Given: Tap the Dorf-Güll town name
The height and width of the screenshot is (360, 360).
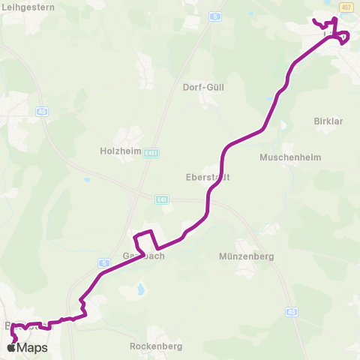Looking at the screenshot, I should (203, 87).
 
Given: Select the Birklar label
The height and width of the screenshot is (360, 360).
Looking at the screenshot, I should (328, 120).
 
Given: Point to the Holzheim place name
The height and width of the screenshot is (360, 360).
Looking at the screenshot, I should (121, 150).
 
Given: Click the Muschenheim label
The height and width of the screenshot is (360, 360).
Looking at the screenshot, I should (284, 157).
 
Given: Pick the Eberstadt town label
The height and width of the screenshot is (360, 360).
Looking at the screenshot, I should (207, 178).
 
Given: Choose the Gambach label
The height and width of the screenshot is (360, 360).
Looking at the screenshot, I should (142, 256).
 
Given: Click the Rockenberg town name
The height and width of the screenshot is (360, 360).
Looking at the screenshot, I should (155, 346).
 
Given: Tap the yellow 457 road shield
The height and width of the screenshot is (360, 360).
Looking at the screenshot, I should (346, 7).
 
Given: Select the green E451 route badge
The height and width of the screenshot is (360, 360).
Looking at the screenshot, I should (153, 150).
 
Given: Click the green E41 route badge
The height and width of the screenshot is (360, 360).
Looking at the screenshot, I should (163, 199).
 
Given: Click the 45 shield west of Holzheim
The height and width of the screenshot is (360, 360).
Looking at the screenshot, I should (40, 111).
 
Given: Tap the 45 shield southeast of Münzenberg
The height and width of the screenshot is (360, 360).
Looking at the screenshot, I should (290, 311).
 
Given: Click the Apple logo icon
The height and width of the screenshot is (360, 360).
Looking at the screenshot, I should (12, 347).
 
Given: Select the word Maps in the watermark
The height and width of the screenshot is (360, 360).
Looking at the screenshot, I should (33, 347).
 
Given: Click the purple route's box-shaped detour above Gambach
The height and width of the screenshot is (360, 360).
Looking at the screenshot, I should (145, 239).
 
